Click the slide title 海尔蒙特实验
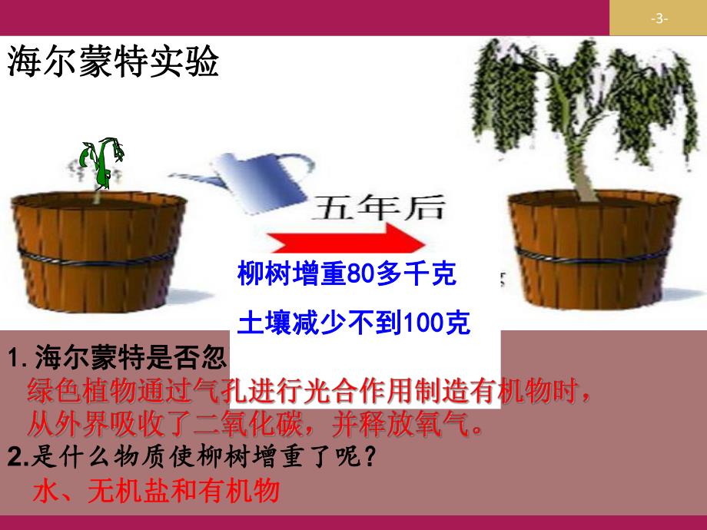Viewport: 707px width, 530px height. click(113, 61)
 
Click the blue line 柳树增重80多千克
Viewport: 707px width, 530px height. click(347, 274)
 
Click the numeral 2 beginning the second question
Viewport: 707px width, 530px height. click(19, 458)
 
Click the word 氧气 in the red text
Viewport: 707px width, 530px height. click(445, 423)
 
